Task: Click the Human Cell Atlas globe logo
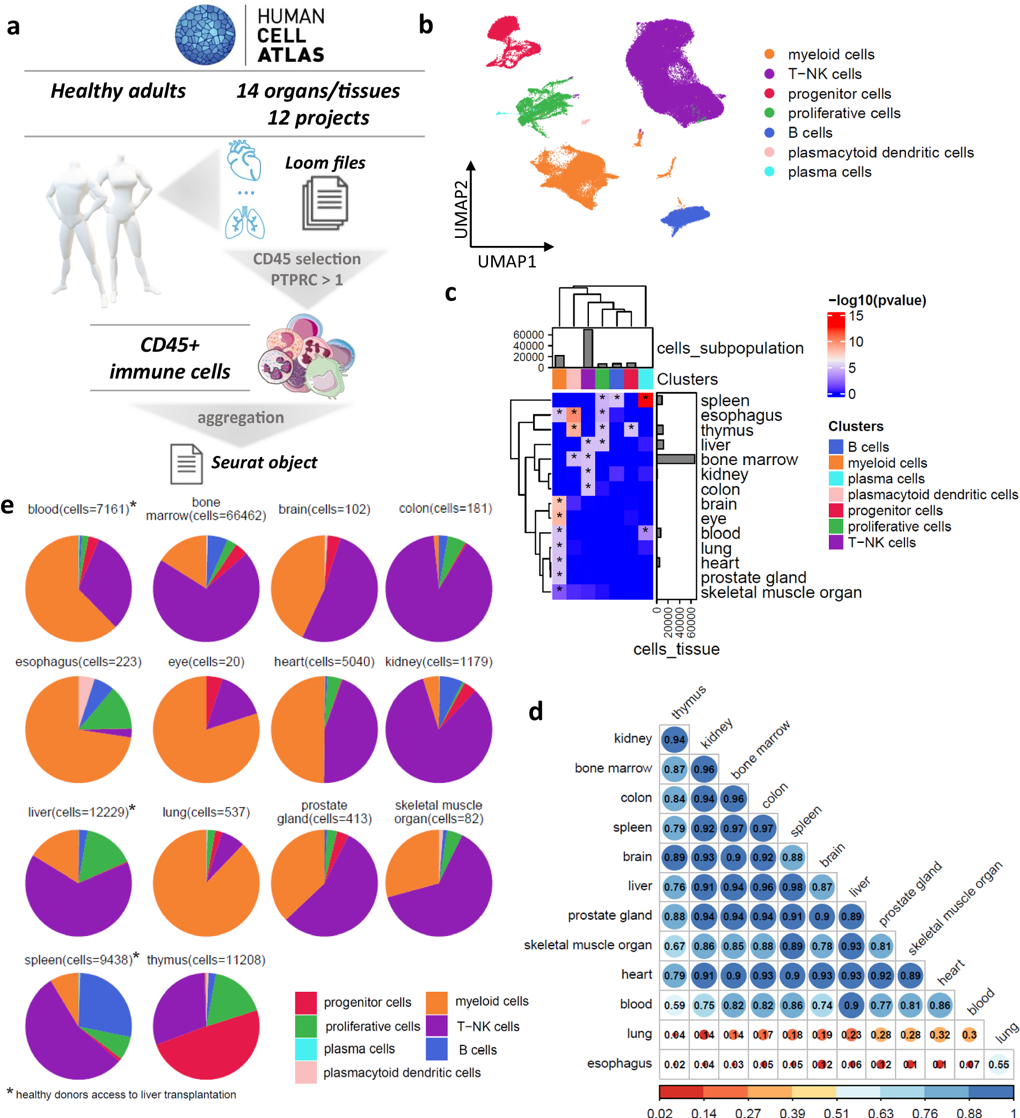click(205, 34)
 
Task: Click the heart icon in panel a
click(244, 160)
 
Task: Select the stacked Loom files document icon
click(325, 203)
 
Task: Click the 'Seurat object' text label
click(264, 462)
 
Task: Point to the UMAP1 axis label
click(507, 261)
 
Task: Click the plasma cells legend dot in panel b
click(769, 172)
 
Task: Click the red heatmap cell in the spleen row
click(645, 400)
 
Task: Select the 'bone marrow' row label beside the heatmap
click(749, 460)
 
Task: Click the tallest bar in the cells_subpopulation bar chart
click(588, 349)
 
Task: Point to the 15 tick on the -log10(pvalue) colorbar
click(856, 316)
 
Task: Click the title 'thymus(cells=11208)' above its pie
click(206, 960)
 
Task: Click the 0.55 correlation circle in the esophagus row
click(999, 1064)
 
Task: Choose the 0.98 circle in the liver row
click(792, 887)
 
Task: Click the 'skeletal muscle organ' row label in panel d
click(588, 945)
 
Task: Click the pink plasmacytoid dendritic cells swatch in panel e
click(306, 1072)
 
